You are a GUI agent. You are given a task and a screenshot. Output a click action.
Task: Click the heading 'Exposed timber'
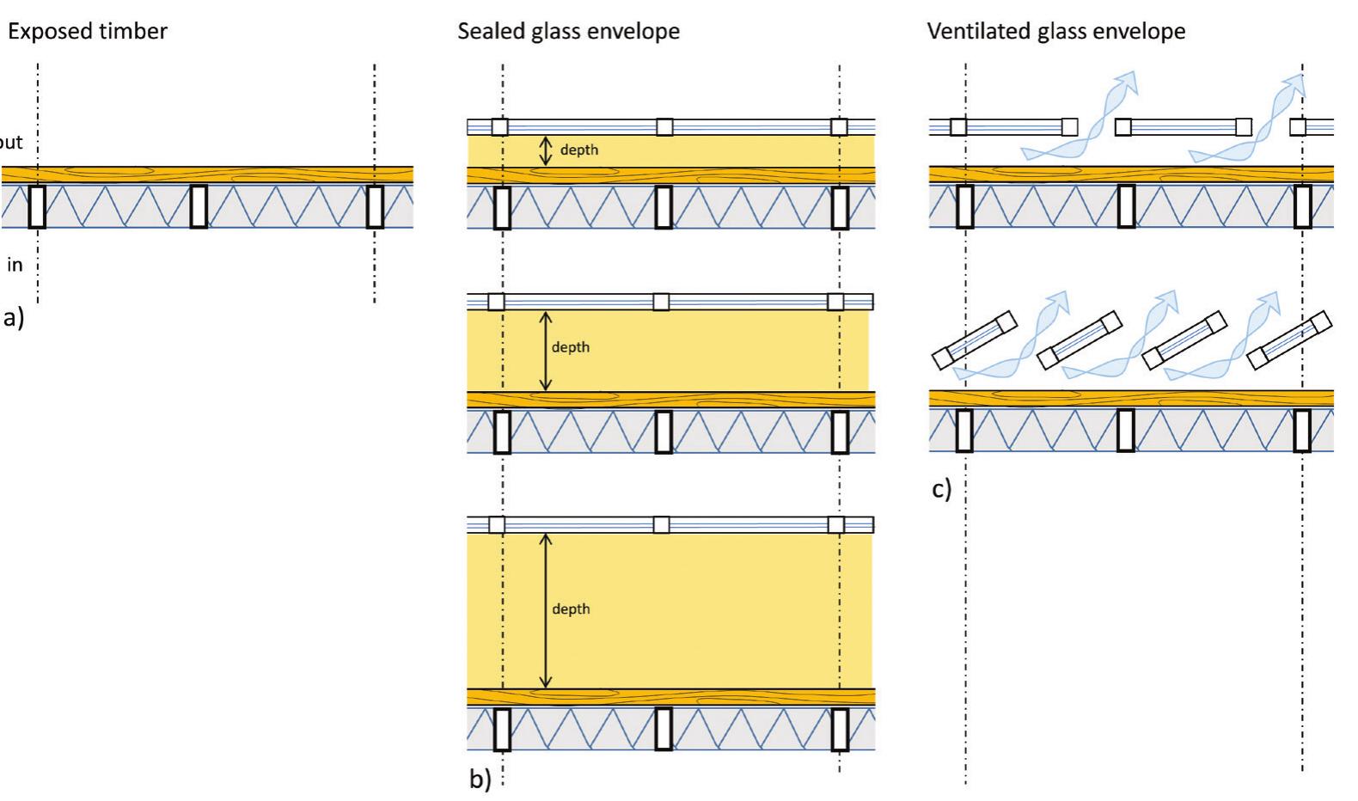pyautogui.click(x=88, y=32)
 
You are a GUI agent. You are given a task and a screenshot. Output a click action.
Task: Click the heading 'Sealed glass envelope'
pyautogui.click(x=568, y=32)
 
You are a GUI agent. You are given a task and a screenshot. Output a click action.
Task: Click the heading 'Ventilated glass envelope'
pyautogui.click(x=1055, y=32)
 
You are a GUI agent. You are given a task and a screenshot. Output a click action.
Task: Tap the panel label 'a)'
pyautogui.click(x=14, y=318)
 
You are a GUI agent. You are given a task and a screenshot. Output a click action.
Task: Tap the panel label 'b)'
pyautogui.click(x=480, y=779)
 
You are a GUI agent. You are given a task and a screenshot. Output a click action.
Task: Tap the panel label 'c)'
pyautogui.click(x=942, y=489)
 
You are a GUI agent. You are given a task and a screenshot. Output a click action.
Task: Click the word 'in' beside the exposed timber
pyautogui.click(x=15, y=265)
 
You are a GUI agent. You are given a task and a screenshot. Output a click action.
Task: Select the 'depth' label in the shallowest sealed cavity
pyautogui.click(x=578, y=150)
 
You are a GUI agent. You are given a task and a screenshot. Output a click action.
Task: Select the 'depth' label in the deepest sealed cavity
pyautogui.click(x=571, y=608)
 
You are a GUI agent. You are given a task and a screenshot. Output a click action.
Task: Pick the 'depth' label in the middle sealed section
pyautogui.click(x=571, y=347)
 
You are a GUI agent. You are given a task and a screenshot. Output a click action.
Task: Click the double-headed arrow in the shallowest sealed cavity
pyautogui.click(x=545, y=151)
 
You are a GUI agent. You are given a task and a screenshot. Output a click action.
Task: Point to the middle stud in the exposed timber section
pyautogui.click(x=199, y=206)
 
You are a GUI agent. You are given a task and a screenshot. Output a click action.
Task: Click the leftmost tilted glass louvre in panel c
pyautogui.click(x=975, y=340)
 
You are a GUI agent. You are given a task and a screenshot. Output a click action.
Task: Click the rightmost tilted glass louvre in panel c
pyautogui.click(x=1289, y=340)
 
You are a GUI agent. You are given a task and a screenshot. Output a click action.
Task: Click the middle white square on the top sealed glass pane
pyautogui.click(x=664, y=127)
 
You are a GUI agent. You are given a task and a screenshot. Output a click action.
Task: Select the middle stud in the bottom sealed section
pyautogui.click(x=664, y=729)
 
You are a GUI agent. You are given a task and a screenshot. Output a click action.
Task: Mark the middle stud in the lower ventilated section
pyautogui.click(x=1125, y=430)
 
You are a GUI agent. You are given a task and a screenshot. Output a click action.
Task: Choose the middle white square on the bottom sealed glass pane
pyautogui.click(x=661, y=524)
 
